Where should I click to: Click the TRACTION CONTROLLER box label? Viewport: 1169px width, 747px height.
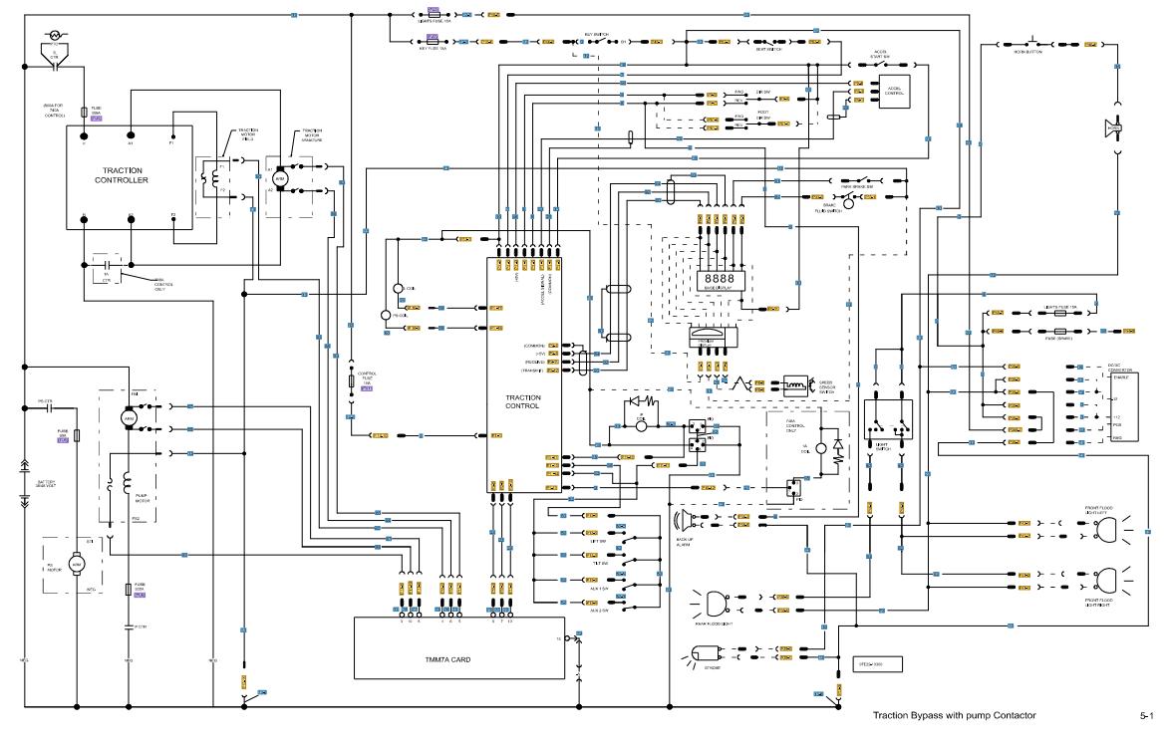coord(122,174)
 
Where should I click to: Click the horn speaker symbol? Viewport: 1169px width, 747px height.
coord(1112,128)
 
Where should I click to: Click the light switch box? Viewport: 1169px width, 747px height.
coord(887,422)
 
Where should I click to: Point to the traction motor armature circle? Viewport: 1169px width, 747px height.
coord(280,179)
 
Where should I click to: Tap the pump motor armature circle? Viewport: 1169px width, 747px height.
coord(128,419)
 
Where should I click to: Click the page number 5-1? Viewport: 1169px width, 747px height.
coord(1146,715)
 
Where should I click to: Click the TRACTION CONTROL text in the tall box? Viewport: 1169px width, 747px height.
coord(523,401)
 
